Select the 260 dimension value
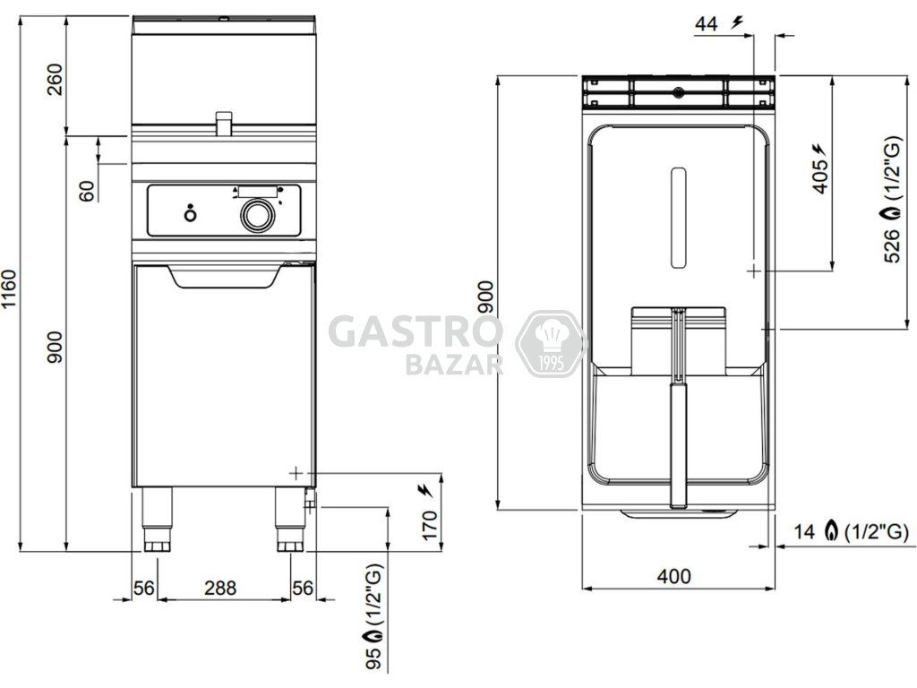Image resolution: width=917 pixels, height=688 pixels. coord(54,80)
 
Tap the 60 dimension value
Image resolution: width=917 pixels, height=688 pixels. coord(87,192)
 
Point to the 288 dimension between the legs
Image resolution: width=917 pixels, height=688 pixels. coord(220,588)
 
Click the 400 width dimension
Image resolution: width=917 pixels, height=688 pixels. coord(673,576)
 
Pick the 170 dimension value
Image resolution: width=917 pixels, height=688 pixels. coord(430,525)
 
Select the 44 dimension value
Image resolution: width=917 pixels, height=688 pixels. coord(706,24)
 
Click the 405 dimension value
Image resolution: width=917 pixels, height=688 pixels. coord(820,176)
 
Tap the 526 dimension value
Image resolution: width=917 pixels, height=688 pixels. coord(892,245)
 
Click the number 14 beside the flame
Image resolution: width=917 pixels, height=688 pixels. coord(804,531)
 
